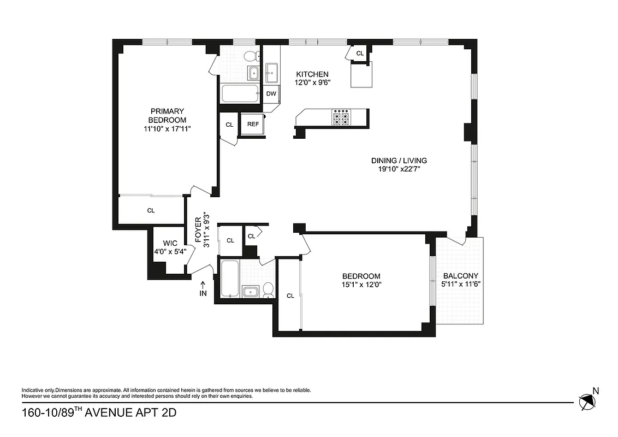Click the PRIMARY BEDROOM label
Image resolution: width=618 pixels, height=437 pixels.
click(168, 115)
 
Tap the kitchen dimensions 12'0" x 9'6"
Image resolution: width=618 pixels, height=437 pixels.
click(312, 82)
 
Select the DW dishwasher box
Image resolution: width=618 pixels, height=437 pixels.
click(271, 93)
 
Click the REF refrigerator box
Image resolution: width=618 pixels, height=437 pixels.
click(253, 124)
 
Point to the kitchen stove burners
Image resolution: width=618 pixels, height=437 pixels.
click(341, 118)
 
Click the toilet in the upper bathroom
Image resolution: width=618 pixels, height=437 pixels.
click(251, 56)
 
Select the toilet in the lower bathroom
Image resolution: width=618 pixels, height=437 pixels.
click(268, 290)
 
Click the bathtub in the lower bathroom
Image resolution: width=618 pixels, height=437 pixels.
click(229, 279)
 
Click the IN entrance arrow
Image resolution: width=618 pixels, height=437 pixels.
click(203, 289)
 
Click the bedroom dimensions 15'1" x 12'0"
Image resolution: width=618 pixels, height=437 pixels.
click(361, 285)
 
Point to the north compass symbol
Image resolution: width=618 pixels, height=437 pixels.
click(588, 401)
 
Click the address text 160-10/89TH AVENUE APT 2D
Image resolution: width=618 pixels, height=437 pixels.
click(99, 412)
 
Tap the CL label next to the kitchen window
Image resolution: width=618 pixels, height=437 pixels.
click(360, 53)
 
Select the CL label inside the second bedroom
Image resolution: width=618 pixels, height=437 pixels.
click(290, 296)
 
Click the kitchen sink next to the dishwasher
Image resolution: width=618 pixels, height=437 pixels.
click(271, 70)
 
